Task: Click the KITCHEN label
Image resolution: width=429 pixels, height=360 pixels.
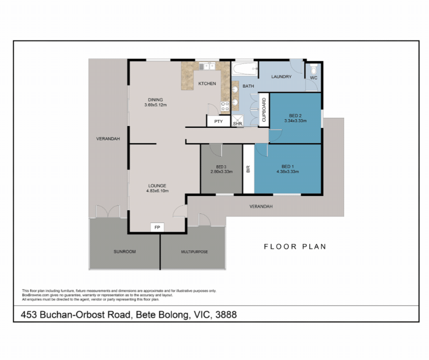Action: pyautogui.click(x=207, y=84)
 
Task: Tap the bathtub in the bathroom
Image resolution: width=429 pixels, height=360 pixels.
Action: pyautogui.click(x=244, y=70)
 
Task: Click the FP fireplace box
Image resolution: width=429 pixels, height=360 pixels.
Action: pyautogui.click(x=157, y=227)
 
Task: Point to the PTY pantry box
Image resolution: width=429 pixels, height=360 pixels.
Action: pyautogui.click(x=219, y=122)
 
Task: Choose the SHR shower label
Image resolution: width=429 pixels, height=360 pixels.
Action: pyautogui.click(x=237, y=123)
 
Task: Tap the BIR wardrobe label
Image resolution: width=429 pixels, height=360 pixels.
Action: pyautogui.click(x=248, y=169)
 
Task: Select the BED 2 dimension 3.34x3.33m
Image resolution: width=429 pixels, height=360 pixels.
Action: pyautogui.click(x=295, y=121)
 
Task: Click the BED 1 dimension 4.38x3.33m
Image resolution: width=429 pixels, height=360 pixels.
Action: pyautogui.click(x=288, y=172)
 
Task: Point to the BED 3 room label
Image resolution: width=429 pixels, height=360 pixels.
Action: pyautogui.click(x=221, y=166)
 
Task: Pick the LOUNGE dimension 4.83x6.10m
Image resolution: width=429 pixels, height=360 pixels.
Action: pyautogui.click(x=157, y=191)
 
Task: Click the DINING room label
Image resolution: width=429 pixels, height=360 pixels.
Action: pyautogui.click(x=155, y=100)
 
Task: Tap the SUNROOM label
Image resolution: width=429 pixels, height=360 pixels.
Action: pyautogui.click(x=125, y=252)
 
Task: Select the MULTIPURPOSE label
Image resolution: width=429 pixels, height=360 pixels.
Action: pyautogui.click(x=194, y=252)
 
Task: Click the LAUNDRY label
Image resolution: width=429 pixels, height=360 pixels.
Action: pyautogui.click(x=281, y=77)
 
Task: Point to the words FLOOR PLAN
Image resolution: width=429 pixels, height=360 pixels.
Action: pyautogui.click(x=295, y=247)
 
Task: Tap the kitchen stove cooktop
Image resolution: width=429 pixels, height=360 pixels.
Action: pyautogui.click(x=225, y=106)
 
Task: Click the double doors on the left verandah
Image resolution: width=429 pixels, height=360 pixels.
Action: pyautogui.click(x=108, y=211)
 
